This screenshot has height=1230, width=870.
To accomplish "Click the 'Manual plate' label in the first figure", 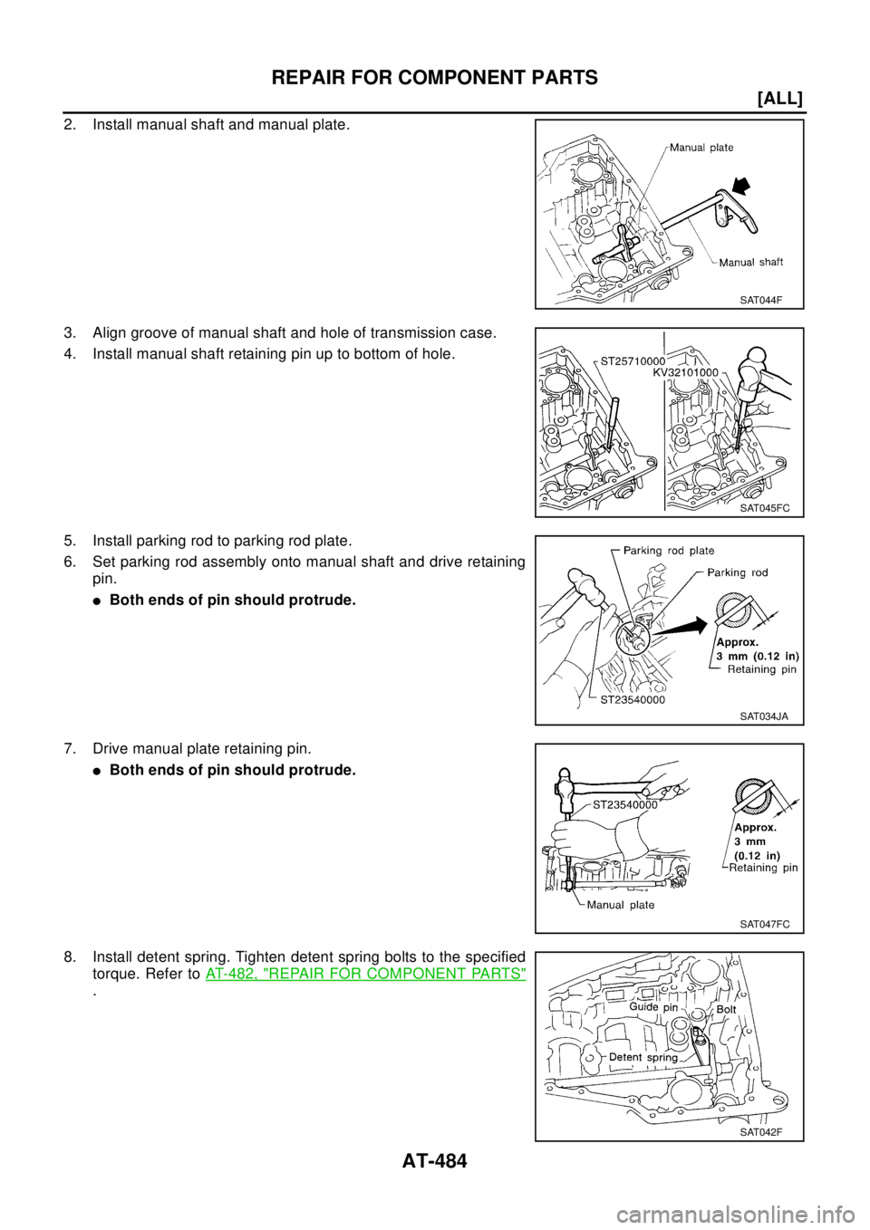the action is coord(701,148).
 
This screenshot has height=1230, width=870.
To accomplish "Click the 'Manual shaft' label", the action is coord(750,263).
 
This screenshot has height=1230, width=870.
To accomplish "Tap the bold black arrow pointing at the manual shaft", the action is coord(742,187).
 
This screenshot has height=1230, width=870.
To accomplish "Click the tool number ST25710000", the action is coord(633,360).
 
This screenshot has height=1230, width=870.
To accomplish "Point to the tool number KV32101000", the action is coord(685,372).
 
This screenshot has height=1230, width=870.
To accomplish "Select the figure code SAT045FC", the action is coord(764,508).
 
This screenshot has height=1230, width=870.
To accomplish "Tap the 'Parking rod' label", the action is coord(738,572).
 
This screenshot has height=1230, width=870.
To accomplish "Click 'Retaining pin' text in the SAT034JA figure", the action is coord(763,670).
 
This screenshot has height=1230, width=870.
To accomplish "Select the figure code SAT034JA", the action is coord(764,716).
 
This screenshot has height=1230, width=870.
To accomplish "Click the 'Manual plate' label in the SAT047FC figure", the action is coord(620,905).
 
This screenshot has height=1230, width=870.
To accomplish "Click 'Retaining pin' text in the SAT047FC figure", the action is coord(763,868).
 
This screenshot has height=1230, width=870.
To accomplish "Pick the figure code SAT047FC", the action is coord(764,924).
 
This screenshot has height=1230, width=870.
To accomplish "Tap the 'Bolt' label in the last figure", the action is coord(726,1009).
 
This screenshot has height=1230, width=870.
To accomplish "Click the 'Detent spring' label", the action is coord(643,1058).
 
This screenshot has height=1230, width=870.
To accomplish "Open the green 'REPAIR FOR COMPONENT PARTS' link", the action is coord(365,975).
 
